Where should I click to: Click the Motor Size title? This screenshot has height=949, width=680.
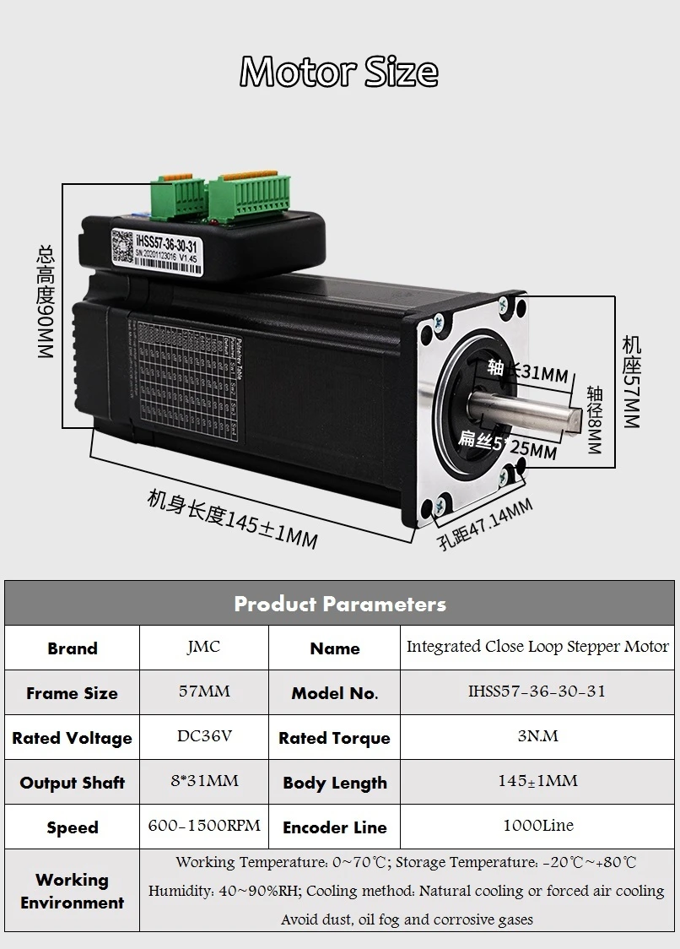click(339, 72)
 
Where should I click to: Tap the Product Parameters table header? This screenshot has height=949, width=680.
click(339, 604)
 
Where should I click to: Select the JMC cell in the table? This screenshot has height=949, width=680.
click(203, 648)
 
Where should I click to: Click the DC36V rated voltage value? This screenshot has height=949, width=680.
click(203, 736)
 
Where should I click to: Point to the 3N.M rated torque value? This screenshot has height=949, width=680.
click(537, 736)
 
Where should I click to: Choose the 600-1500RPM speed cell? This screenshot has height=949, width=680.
click(203, 826)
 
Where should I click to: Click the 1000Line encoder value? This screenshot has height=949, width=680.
click(537, 826)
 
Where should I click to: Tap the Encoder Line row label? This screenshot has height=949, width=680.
click(334, 827)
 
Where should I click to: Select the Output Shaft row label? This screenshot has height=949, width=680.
click(72, 783)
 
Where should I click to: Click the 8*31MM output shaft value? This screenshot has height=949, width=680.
click(203, 781)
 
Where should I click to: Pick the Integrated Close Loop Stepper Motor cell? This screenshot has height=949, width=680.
click(537, 648)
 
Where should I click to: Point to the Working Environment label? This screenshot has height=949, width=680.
click(72, 891)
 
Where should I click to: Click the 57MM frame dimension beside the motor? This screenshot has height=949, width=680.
click(631, 380)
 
